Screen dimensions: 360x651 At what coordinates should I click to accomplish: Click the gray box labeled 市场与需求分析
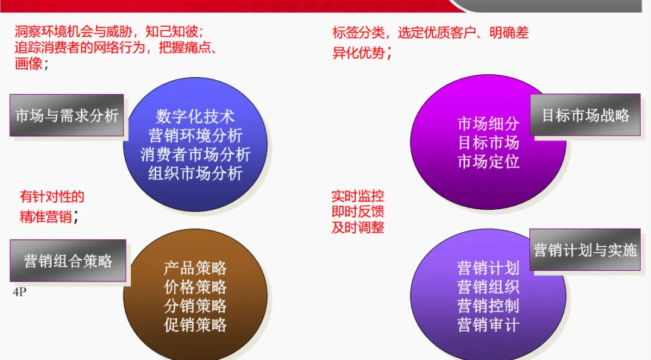[x=67, y=115]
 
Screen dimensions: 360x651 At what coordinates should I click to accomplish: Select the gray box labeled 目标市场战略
[x=585, y=115]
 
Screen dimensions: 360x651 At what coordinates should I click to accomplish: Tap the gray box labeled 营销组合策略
[x=68, y=261]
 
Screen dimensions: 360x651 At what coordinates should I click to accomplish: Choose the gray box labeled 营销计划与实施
[x=585, y=250]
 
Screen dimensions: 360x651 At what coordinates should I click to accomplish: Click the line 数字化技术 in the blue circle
[x=195, y=116]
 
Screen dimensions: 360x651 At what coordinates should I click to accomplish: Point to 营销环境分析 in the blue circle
[x=195, y=135]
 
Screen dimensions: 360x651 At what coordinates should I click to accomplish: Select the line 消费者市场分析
[x=195, y=154]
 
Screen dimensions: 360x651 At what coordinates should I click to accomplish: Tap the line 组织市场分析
[x=195, y=174]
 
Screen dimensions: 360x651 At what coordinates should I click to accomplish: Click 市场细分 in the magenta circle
[x=488, y=124]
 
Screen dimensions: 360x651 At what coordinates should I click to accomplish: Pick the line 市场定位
[x=488, y=162]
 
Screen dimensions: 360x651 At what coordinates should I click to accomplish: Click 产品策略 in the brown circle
[x=195, y=268]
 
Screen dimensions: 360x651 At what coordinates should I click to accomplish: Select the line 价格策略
[x=195, y=287]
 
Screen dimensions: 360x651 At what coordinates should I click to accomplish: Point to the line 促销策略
[x=195, y=325]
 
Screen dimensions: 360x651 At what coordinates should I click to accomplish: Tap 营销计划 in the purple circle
[x=488, y=268]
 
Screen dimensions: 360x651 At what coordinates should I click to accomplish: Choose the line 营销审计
[x=488, y=325]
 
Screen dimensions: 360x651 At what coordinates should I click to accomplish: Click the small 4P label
[x=19, y=292]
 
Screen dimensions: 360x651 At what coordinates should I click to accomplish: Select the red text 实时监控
[x=357, y=196]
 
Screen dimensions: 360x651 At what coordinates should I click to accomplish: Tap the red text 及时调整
[x=357, y=227]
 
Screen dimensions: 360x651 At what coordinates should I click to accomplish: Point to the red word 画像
[x=28, y=63]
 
